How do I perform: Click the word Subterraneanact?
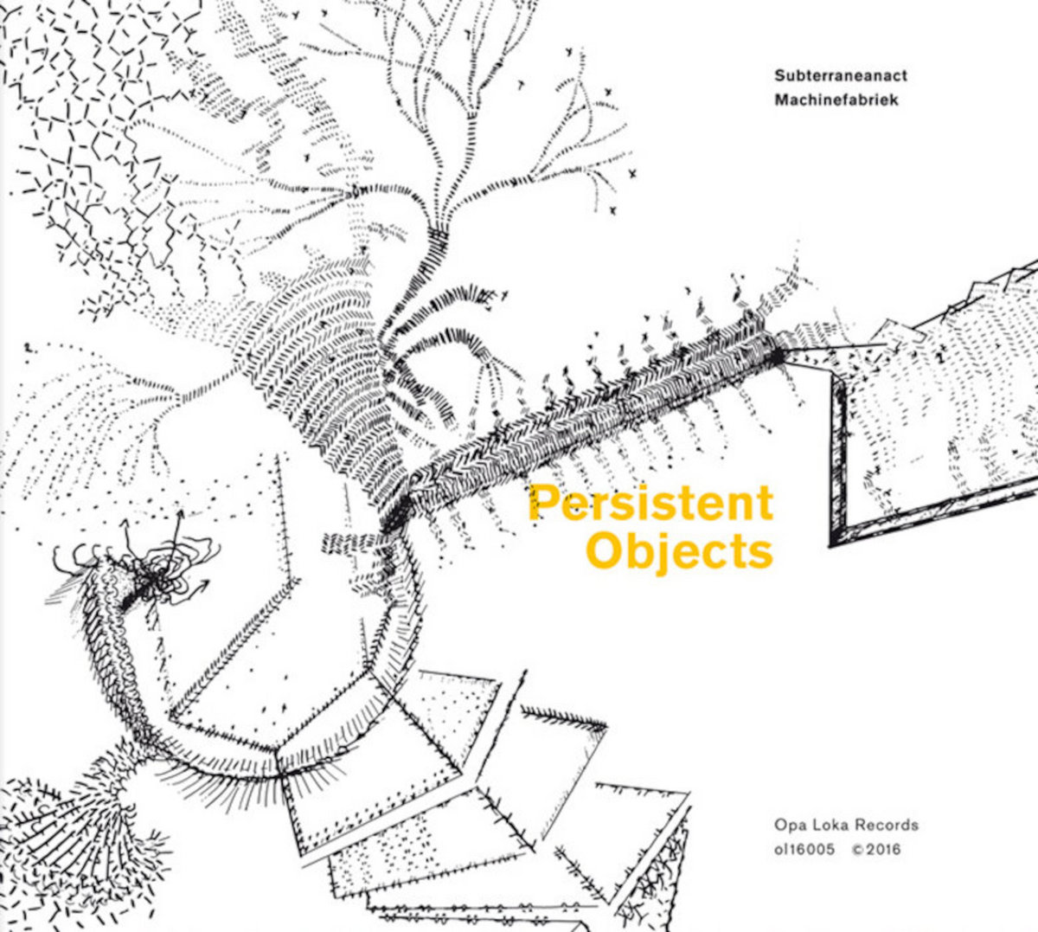click(x=842, y=75)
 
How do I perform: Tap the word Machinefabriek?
click(x=836, y=100)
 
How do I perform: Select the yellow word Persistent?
click(x=650, y=503)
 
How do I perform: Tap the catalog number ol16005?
click(x=804, y=850)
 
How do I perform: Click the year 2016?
click(x=884, y=850)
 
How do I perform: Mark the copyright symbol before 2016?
click(x=858, y=850)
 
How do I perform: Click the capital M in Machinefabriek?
click(x=782, y=100)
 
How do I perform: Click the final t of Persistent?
click(x=765, y=505)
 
